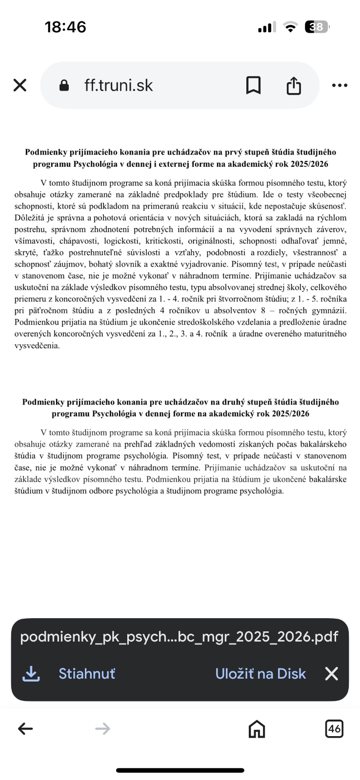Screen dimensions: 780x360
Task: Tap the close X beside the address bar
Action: point(20,85)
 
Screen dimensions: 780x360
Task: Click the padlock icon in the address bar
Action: point(64,85)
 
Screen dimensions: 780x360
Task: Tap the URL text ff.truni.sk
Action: point(119,85)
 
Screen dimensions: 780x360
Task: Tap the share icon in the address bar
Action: point(294,85)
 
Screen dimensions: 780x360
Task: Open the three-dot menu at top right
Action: point(340,85)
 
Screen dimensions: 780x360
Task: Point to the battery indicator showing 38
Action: point(317,27)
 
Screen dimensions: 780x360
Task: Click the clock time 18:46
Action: point(65,27)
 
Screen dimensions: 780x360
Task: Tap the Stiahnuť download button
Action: point(87,674)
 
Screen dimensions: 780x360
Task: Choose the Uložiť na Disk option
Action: point(260,674)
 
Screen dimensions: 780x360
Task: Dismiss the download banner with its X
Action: point(332,674)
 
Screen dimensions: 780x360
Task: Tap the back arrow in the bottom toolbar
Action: point(25,729)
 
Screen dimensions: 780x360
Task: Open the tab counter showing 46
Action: point(334,729)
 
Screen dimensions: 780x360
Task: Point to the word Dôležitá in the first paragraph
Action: point(29,218)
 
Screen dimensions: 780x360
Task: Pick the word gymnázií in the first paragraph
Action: point(330,311)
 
